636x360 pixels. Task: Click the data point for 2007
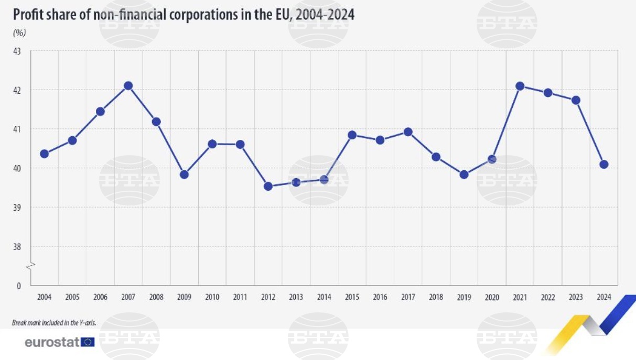point(128,85)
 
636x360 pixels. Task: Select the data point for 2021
point(520,86)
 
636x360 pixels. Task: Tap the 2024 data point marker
point(603,164)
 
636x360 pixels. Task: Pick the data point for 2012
point(268,186)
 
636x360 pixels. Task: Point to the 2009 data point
point(184,174)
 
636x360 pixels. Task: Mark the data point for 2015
point(352,135)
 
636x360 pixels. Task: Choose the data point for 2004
point(44,154)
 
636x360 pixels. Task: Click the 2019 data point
point(463,174)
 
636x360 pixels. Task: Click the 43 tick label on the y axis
point(17,51)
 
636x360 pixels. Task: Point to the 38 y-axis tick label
point(17,247)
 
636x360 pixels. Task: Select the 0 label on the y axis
point(18,286)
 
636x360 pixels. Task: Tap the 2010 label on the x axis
point(212,298)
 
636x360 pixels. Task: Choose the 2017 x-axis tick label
point(408,298)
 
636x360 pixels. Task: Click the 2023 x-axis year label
point(576,298)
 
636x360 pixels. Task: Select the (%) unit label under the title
point(19,32)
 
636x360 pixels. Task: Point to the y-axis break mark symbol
point(30,266)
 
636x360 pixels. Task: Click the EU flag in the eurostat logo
point(88,342)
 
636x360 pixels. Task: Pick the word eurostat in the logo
point(52,342)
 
